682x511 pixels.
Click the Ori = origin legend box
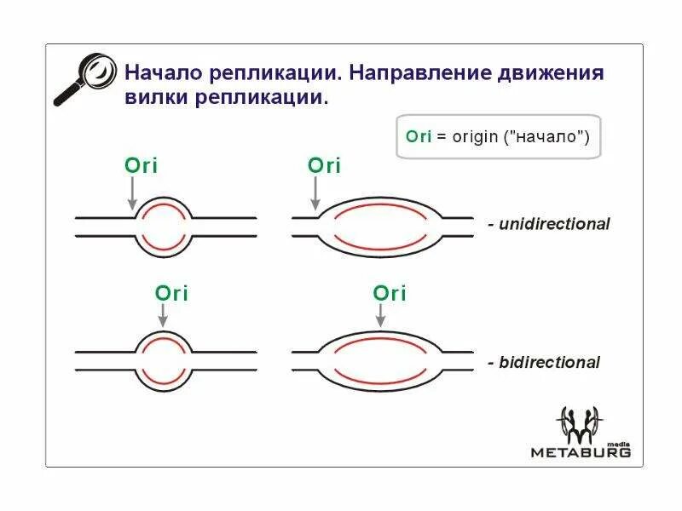[x=498, y=136]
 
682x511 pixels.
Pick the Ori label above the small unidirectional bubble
[x=141, y=165]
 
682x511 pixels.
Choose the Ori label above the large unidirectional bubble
[x=323, y=165]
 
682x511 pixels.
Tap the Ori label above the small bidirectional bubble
[x=171, y=294]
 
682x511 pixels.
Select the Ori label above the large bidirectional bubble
[x=389, y=294]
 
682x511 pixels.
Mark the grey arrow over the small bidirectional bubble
[x=163, y=315]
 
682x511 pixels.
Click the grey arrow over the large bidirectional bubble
[x=380, y=315]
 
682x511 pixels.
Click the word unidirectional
[x=554, y=225]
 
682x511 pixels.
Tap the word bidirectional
[x=549, y=363]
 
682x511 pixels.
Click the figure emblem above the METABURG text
[x=579, y=422]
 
